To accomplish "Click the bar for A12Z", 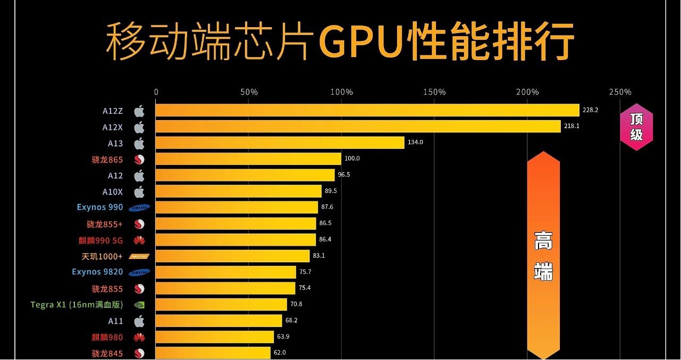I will pyautogui.click(x=367, y=110).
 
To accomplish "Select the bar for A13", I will pyautogui.click(x=280, y=143).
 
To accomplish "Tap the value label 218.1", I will pyautogui.click(x=572, y=127).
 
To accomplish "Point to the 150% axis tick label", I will pyautogui.click(x=434, y=92).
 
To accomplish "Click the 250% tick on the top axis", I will pyautogui.click(x=620, y=92).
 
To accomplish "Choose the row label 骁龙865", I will pyautogui.click(x=107, y=159).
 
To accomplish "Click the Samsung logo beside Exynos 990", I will pyautogui.click(x=139, y=208).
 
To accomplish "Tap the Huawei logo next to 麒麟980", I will pyautogui.click(x=139, y=337).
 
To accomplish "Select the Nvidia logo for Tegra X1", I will pyautogui.click(x=139, y=305).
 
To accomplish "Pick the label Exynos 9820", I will pyautogui.click(x=97, y=272).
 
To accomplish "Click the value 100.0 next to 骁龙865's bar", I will pyautogui.click(x=352, y=158).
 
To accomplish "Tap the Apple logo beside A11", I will pyautogui.click(x=139, y=321).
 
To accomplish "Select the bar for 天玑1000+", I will pyautogui.click(x=232, y=256).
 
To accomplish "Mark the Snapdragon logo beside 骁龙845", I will pyautogui.click(x=139, y=354).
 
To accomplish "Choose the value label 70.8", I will pyautogui.click(x=297, y=305).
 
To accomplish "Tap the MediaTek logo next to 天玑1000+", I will pyautogui.click(x=139, y=256).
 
